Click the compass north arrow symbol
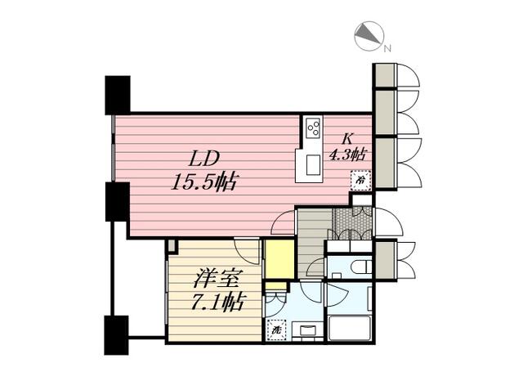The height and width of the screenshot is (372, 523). (x=369, y=36)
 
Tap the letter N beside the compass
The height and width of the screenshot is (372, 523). (x=387, y=49)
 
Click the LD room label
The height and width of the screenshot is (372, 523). (x=204, y=159)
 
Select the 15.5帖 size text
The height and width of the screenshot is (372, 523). (x=203, y=182)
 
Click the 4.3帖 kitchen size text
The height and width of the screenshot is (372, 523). (x=348, y=155)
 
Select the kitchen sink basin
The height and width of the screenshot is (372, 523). (x=312, y=165)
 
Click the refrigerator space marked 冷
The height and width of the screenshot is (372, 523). (x=360, y=180)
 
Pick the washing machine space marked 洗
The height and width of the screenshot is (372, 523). (x=276, y=329)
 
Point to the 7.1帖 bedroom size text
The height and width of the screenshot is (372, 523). (x=218, y=302)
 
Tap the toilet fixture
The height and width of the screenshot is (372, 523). (x=361, y=267)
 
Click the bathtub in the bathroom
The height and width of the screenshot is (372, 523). (x=350, y=329)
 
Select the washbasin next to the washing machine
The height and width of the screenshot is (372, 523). (x=307, y=330)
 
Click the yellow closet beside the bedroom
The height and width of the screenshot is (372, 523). (x=279, y=259)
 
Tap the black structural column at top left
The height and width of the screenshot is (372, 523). (x=118, y=96)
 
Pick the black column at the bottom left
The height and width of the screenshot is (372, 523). (x=116, y=335)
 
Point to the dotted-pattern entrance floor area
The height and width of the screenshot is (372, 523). (x=351, y=223)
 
